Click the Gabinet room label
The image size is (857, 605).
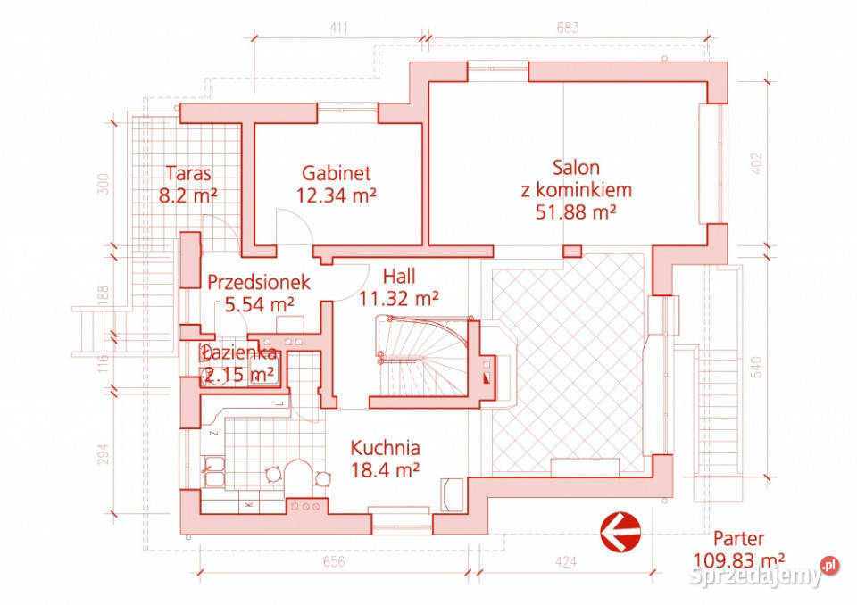pos(337,173)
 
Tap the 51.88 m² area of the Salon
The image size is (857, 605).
pos(576,211)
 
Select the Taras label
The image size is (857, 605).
pos(188,173)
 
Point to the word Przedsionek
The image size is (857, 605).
pos(259,282)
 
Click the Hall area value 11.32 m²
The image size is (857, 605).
pos(398,298)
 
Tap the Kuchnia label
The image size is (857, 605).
pos(385,448)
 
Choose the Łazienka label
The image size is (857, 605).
pos(237,353)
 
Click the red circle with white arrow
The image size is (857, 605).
pos(620,531)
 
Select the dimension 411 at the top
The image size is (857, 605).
pos(339,28)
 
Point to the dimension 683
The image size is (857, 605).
pos(568,28)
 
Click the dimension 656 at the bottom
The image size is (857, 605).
pos(333,562)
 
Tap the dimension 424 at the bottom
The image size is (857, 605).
pos(565,562)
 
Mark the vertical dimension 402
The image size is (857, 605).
pos(757,163)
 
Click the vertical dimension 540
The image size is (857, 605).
pos(757,368)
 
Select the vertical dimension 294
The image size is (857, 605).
pos(104,453)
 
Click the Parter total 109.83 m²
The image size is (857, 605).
pos(739,560)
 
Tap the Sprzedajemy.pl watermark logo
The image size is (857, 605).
pos(763,573)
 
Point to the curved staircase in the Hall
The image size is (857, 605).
pos(423,358)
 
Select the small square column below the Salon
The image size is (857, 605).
pos(572,251)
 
